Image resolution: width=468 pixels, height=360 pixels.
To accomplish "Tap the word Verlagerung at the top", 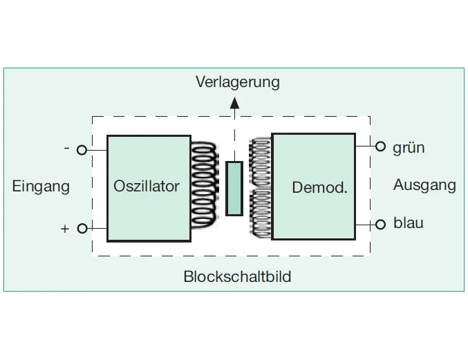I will pos(237,82).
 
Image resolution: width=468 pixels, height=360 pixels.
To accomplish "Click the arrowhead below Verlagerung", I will pos(234,104).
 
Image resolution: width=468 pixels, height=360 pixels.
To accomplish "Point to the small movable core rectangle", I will pos(234,188).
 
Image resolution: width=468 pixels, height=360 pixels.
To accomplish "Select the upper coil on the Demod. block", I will pos(261,163).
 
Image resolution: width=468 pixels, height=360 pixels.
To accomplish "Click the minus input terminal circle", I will pos(82,149).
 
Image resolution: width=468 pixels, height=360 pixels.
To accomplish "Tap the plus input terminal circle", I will pos(82,228).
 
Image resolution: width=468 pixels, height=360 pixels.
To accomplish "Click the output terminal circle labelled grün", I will pos(380,146).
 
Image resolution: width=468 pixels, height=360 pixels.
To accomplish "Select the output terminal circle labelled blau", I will pos(380,224).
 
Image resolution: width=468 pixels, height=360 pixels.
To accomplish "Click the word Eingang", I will pos(41,187).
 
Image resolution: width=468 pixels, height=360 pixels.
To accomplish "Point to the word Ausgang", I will pos(424,185).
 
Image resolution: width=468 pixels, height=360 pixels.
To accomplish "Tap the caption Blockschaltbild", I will pos(237,277).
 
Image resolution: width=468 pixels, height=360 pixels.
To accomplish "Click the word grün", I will pos(409,148).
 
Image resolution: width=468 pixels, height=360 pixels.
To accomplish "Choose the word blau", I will pos(408,223).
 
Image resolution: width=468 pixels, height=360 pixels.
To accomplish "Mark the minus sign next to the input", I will pos(66,149).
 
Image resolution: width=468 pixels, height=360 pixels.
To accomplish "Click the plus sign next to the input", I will pos(65,229).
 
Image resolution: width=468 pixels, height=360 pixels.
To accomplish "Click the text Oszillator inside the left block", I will pos(147,187).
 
